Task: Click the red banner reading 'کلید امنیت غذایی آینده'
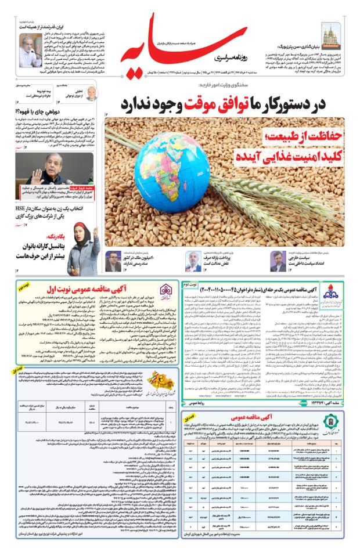[x=284, y=156]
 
